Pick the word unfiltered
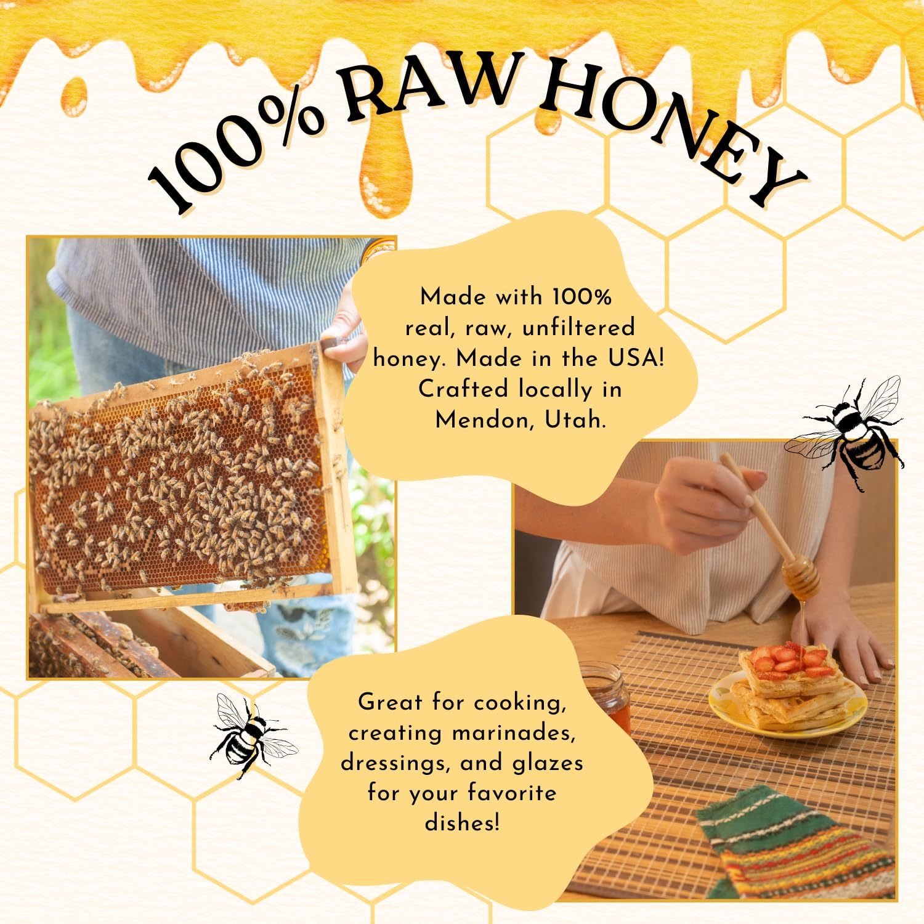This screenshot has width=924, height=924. click(x=578, y=328)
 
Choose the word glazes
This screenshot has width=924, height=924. click(x=548, y=764)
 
